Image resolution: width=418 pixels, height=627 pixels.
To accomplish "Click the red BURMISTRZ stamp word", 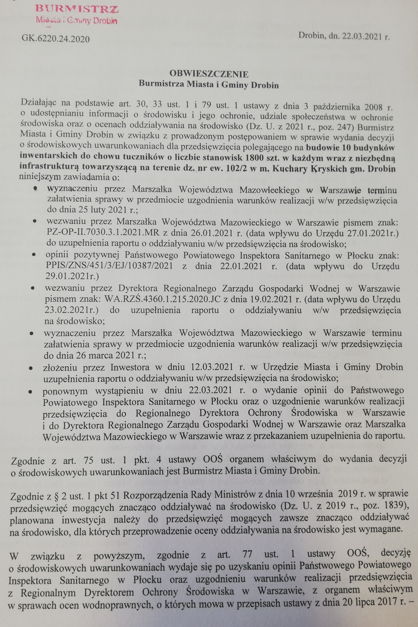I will coord(77,9).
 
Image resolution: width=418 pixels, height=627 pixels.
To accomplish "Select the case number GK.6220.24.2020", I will coord(56,39).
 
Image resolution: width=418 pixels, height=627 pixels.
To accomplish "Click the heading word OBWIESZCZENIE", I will coord(209,73).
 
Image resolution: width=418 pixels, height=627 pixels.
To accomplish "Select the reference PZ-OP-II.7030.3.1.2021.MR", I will coord(103,233).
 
